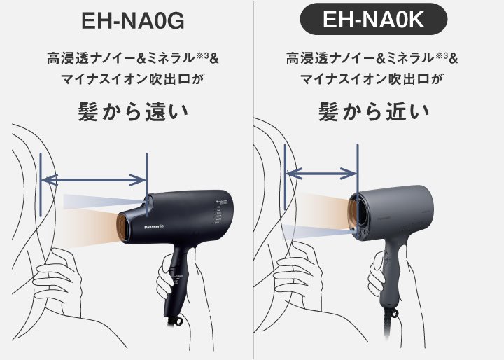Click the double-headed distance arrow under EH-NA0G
[94, 181]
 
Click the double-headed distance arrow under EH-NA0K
[323, 172]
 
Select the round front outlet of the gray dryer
[359, 209]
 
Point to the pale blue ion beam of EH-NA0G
[105, 202]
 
